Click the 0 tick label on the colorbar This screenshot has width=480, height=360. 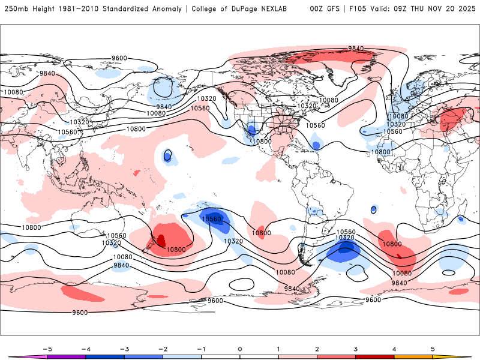tap(239, 348)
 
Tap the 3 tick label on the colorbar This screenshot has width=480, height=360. tap(356, 348)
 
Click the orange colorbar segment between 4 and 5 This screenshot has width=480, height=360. tap(413, 356)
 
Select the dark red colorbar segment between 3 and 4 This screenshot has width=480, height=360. tap(374, 356)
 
